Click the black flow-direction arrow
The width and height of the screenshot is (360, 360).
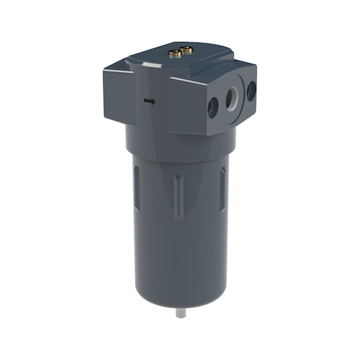[149, 101]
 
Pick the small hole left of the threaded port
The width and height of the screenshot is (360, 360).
[212, 107]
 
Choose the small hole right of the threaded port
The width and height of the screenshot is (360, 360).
[251, 91]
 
